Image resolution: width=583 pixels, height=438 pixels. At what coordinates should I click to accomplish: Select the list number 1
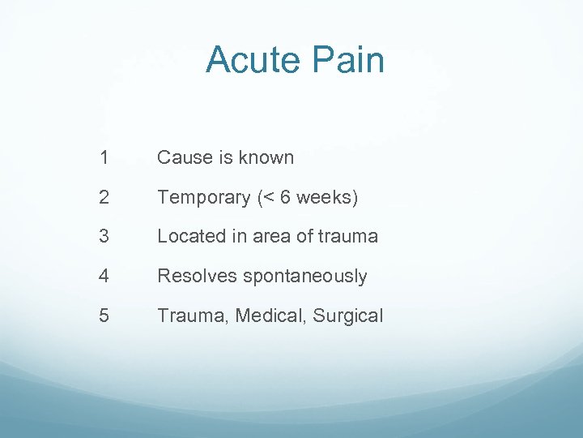pyautogui.click(x=104, y=157)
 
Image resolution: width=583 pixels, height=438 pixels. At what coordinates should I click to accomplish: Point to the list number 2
pyautogui.click(x=104, y=197)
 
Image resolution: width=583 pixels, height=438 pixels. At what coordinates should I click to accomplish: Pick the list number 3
pyautogui.click(x=104, y=237)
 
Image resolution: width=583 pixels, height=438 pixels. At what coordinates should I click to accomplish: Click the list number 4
pyautogui.click(x=104, y=277)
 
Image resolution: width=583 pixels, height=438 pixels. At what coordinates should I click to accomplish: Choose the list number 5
pyautogui.click(x=104, y=316)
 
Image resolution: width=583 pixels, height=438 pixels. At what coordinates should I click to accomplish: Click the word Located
pyautogui.click(x=189, y=237)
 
